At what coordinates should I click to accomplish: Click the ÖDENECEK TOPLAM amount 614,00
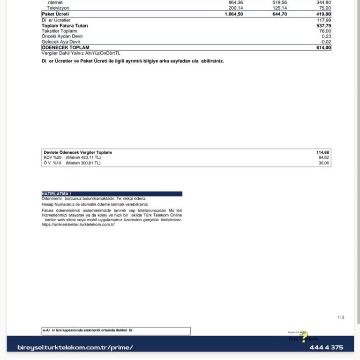pos(323,48)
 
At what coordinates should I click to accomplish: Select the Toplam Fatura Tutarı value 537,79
pos(323,26)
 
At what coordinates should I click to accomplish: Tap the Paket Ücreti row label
pos(56,14)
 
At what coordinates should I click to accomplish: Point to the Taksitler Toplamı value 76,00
pos(325,31)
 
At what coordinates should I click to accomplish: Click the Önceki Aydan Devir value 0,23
pos(326,37)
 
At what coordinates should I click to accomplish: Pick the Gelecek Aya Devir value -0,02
pos(325,42)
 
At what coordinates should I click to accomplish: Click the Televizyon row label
pos(58,8)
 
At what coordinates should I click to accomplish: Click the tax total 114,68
pos(323,152)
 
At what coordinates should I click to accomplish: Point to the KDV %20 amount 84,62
pos(324,157)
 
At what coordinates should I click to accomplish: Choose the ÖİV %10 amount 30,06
pos(324,163)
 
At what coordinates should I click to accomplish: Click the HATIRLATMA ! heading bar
pos(112,194)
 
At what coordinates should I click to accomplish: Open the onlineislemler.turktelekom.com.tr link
pos(78,225)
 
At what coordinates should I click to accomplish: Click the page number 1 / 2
pos(341,317)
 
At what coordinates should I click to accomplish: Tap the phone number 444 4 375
pos(326,347)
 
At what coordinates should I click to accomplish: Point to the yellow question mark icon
pos(304,336)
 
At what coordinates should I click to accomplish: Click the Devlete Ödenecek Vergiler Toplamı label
pos(78,152)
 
